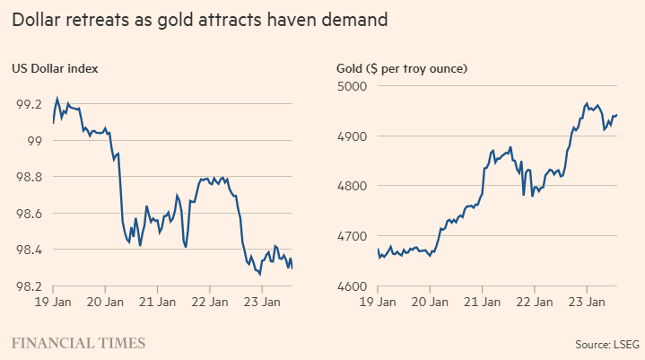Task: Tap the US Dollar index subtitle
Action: tap(54, 68)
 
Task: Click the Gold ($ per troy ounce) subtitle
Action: tap(403, 68)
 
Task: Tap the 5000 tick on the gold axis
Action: tap(350, 86)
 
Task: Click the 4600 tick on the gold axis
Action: tap(350, 287)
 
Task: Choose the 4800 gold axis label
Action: tap(350, 187)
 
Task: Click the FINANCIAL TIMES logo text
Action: tap(78, 342)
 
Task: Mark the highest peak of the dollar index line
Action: tap(57, 98)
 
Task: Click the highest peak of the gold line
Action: tap(587, 103)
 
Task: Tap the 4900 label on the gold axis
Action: tap(350, 136)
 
